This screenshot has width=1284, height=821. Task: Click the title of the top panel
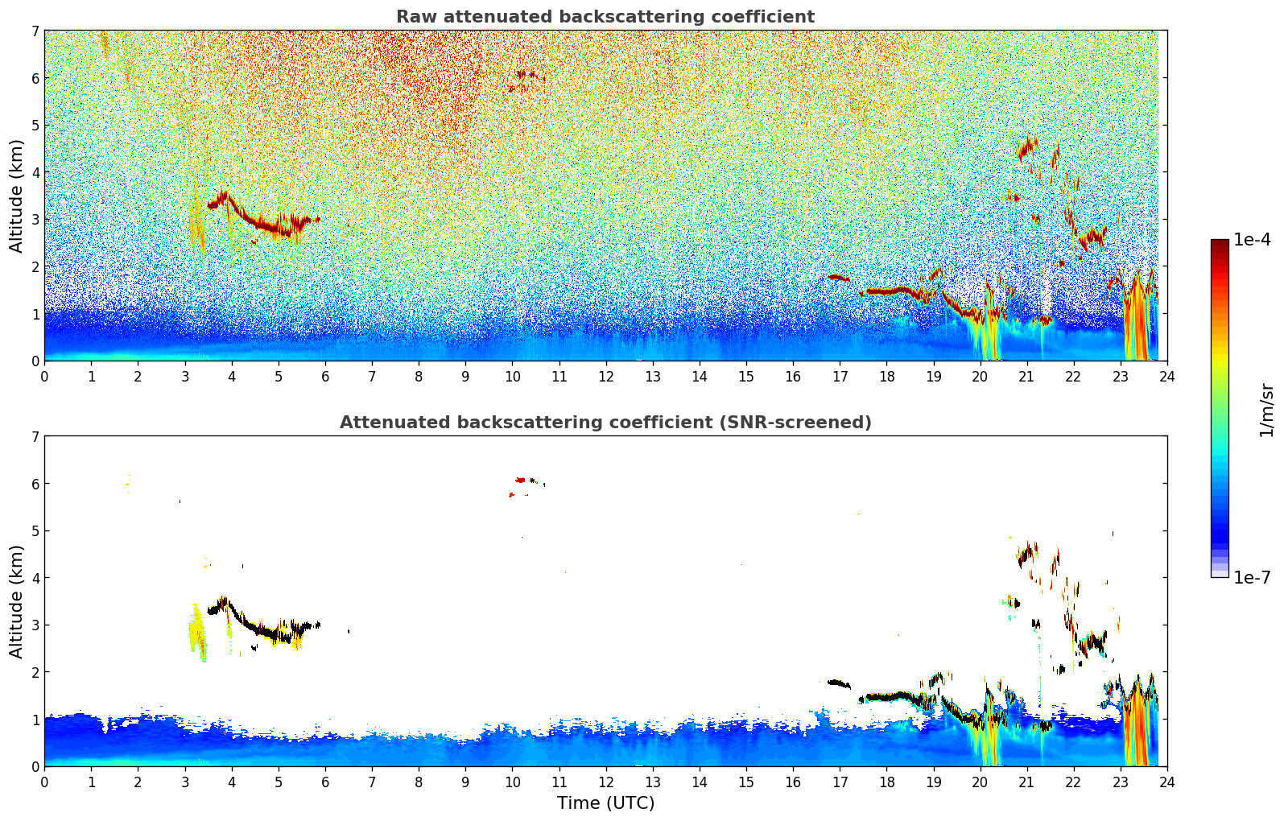click(x=605, y=17)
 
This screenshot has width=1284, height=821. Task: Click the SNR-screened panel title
click(x=605, y=422)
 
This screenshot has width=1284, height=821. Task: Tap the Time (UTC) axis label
click(x=605, y=802)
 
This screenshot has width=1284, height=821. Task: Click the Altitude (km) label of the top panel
click(x=16, y=196)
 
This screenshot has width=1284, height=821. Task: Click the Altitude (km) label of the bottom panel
click(x=16, y=601)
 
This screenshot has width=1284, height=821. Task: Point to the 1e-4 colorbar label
click(x=1252, y=240)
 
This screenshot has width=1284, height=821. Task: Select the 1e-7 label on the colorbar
click(x=1252, y=577)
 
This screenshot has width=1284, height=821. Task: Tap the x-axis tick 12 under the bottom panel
click(x=606, y=782)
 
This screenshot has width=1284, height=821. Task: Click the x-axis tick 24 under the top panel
click(x=1167, y=376)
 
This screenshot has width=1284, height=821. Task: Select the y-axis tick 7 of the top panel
click(x=35, y=31)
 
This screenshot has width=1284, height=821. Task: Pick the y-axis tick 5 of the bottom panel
click(x=35, y=531)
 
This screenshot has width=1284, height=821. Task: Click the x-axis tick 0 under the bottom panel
click(x=45, y=782)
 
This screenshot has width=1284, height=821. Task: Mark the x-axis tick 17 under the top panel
click(x=840, y=376)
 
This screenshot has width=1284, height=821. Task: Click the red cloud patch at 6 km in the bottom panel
click(x=520, y=480)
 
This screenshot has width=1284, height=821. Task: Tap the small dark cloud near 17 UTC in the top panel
click(x=839, y=278)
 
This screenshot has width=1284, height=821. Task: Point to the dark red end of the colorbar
click(x=1220, y=243)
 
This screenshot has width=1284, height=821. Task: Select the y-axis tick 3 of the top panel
click(x=35, y=220)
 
